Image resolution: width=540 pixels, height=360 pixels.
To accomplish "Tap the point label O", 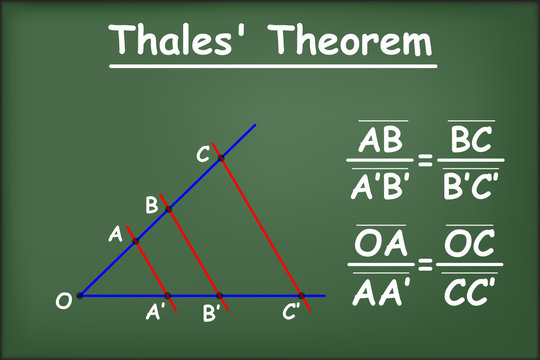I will pyautogui.click(x=63, y=300).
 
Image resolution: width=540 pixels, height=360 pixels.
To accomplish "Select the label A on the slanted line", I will pyautogui.click(x=116, y=235).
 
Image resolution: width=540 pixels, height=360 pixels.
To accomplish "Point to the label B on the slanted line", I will pyautogui.click(x=152, y=205).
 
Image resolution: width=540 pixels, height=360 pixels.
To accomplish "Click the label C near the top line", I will pyautogui.click(x=203, y=155).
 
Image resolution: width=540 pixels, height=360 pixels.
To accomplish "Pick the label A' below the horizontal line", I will pyautogui.click(x=156, y=313).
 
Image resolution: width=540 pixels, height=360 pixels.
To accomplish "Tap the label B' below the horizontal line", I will pyautogui.click(x=212, y=313).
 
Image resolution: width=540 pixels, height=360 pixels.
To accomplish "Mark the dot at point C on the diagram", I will pyautogui.click(x=221, y=158).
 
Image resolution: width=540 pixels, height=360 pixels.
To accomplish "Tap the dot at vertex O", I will pyautogui.click(x=80, y=296).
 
